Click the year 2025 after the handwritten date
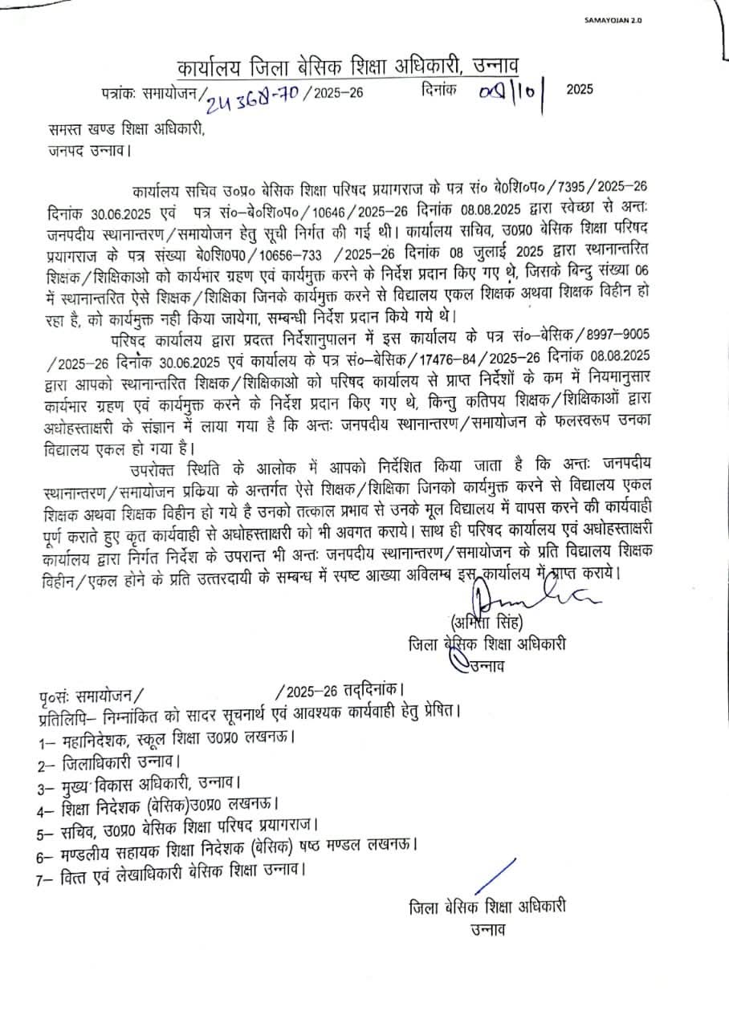point(580,89)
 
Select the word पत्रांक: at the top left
point(120,92)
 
